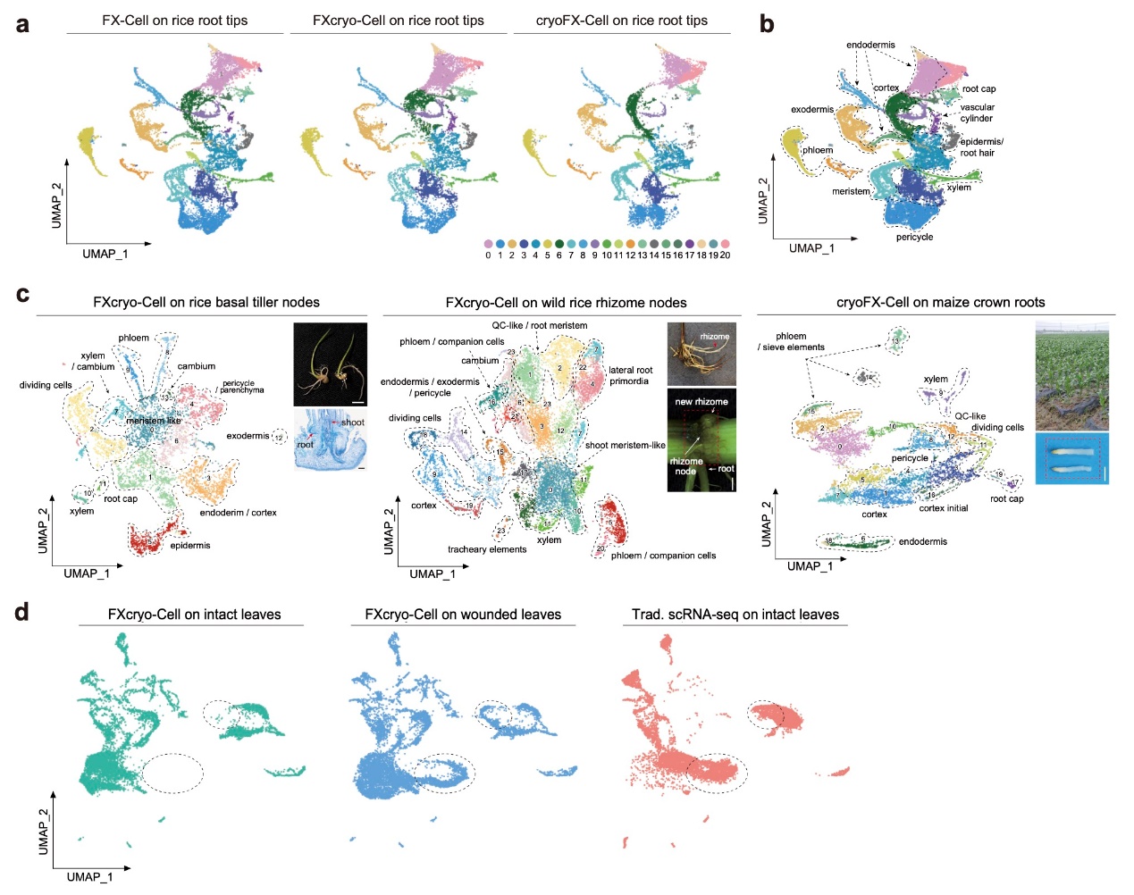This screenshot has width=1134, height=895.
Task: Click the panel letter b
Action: pos(767,24)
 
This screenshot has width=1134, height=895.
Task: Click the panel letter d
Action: pos(21,613)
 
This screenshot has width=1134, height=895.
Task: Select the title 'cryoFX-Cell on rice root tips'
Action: pos(621,20)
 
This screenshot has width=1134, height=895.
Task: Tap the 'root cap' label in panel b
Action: pos(979,89)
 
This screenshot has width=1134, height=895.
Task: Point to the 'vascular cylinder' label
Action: pos(977,113)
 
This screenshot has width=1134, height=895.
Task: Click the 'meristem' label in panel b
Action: pos(851,191)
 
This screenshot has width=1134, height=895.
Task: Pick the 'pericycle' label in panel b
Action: pos(914,237)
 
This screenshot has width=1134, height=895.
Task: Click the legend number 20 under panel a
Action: pos(725,255)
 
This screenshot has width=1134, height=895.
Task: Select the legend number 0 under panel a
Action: pos(488,255)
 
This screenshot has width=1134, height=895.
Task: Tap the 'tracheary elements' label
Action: pos(487,549)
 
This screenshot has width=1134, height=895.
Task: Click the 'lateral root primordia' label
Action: pos(630,375)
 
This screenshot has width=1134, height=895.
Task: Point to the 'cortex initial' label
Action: pos(943,508)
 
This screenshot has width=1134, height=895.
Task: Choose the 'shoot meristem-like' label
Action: pos(625,445)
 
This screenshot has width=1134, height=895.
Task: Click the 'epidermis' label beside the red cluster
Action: pos(190,545)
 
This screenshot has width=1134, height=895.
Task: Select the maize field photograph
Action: pos(1071,376)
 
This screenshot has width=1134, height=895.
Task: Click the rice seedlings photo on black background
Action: pos(330,364)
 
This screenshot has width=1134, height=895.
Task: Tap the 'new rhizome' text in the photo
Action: pos(701,401)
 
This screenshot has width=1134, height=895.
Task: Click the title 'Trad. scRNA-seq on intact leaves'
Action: pos(735,615)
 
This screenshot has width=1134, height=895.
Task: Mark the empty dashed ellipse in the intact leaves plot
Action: pos(172,773)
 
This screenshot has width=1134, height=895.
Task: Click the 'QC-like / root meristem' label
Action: pos(539,325)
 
